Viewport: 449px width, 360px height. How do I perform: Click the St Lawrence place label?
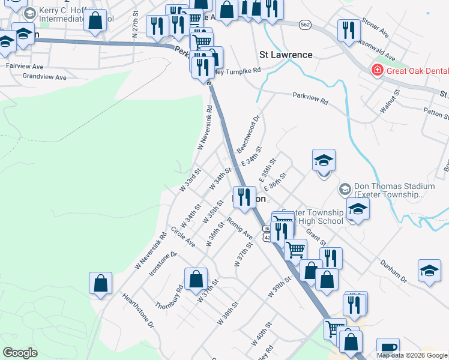tap(286, 55)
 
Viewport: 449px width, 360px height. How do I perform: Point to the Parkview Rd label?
tap(310, 99)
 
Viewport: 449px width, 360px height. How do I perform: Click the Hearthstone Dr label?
tap(138, 310)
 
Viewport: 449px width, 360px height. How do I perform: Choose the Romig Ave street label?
tap(240, 227)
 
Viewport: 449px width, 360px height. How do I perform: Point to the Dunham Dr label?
tap(393, 271)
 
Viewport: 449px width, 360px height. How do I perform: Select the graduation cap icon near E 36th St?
tap(324, 160)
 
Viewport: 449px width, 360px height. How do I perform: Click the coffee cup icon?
tap(388, 348)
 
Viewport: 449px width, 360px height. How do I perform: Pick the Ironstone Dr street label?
tap(164, 262)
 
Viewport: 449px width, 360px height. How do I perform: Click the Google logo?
tap(20, 352)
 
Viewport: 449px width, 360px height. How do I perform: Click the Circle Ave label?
tap(182, 237)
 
